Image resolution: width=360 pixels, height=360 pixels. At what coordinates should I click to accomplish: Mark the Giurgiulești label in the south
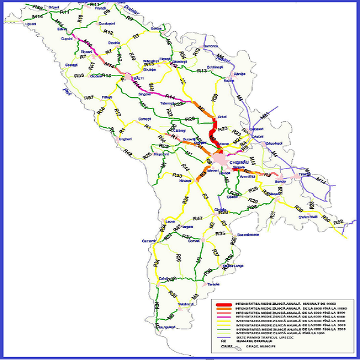click(x=167, y=327)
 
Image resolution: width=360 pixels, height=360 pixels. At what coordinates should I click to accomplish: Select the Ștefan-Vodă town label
click(x=307, y=217)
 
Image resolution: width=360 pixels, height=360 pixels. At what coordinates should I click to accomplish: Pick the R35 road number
click(x=220, y=233)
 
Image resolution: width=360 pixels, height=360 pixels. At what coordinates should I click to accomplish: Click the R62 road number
click(x=338, y=222)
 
